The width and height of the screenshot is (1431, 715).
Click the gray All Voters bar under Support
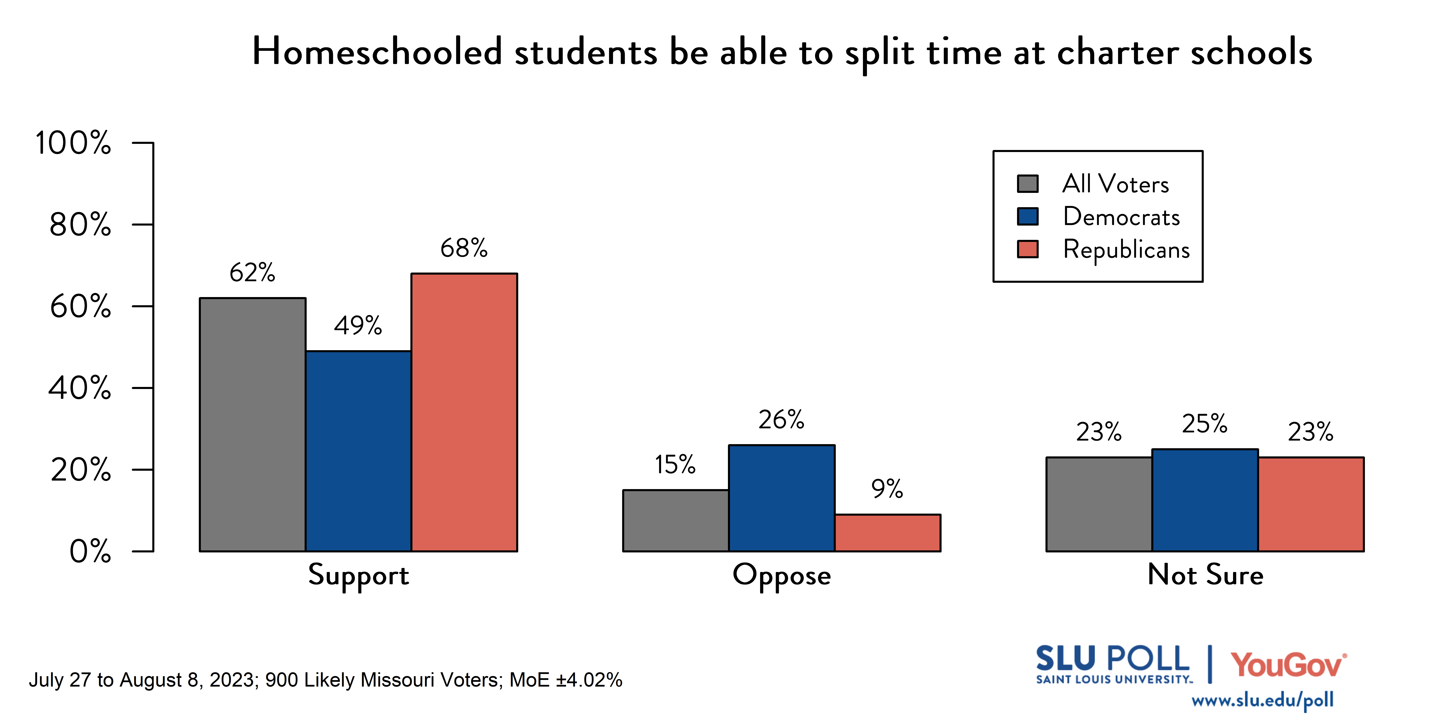coord(252,425)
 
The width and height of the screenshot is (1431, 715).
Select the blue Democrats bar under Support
coord(358,451)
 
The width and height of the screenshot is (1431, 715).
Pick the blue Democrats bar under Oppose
coord(782,498)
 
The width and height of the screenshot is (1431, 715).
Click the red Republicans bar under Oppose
coord(887,533)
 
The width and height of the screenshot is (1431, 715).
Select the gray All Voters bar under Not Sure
coord(1099,504)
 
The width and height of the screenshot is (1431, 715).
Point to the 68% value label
coord(464,248)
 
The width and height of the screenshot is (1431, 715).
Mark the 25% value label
coord(1204,424)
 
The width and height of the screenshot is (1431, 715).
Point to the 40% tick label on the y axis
coord(79,388)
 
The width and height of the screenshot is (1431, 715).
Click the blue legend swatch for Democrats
coord(1027,217)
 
